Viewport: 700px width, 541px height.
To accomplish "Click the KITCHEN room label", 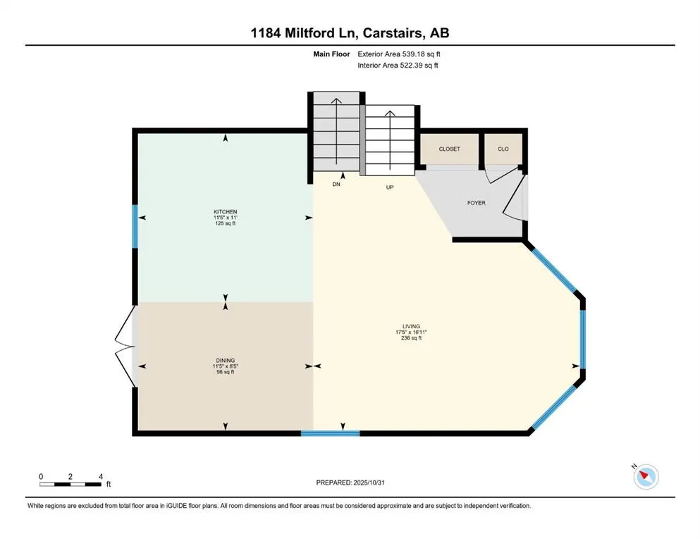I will coord(226,212).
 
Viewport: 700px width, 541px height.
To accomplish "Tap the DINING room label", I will coord(226,360).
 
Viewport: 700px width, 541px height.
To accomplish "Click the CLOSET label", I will coord(449,149).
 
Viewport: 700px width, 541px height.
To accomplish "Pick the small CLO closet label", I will coord(503,149).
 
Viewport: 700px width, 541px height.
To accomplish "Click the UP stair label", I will coord(389,188).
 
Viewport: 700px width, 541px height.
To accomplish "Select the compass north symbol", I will coord(645,477).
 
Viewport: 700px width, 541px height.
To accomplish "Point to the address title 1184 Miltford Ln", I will coord(350,33).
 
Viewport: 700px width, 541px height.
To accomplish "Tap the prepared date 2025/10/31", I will coord(350,483).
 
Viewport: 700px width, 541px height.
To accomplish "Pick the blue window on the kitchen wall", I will coord(135,226).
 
